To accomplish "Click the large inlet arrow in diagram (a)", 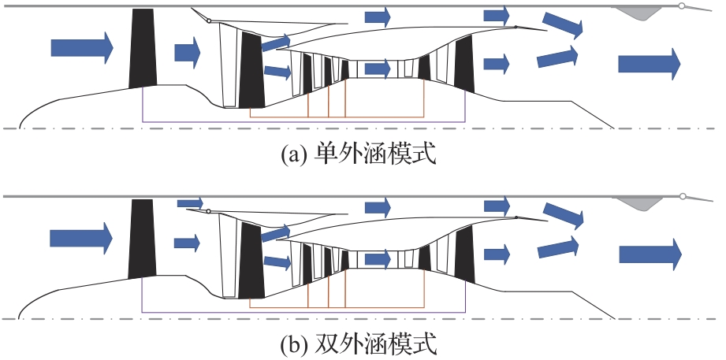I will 81,47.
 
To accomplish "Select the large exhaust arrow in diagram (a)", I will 649,63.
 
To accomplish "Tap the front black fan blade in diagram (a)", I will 143,49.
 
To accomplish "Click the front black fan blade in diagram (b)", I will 143,238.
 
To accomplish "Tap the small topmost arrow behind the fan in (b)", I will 190,203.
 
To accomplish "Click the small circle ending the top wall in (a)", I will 682,6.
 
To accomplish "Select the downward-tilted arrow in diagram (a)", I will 563,24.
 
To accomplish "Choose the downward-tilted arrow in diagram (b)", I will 563,213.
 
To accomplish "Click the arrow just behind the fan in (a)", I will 188,52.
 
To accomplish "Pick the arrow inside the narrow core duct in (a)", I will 377,69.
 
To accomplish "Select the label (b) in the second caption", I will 296,345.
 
